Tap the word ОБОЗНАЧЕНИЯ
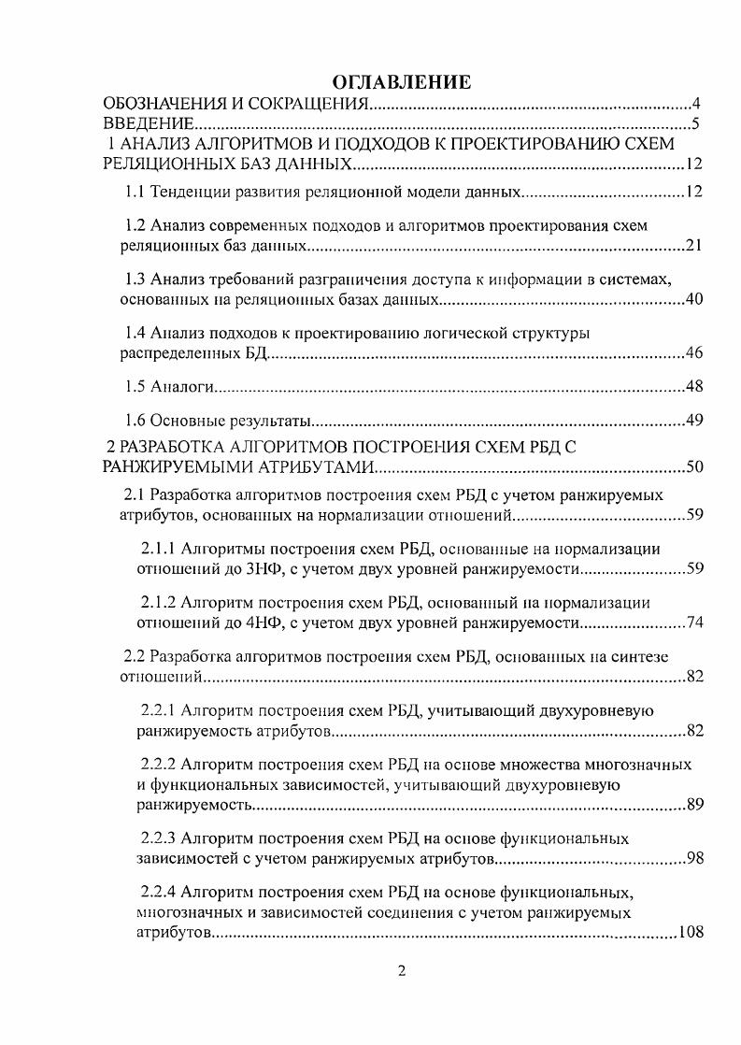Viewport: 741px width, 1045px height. tap(164, 104)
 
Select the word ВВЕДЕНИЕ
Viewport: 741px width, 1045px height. tap(148, 124)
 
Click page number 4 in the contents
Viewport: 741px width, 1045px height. tap(696, 104)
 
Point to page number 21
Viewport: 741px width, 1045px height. tap(693, 247)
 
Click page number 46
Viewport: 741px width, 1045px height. tap(693, 353)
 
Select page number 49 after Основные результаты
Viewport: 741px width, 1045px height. tap(693, 420)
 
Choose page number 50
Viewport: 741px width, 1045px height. tap(693, 466)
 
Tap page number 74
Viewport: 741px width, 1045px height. tap(693, 623)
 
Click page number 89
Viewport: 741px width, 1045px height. tap(693, 804)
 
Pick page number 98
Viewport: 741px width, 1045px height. tap(693, 858)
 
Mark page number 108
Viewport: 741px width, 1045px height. tap(690, 932)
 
